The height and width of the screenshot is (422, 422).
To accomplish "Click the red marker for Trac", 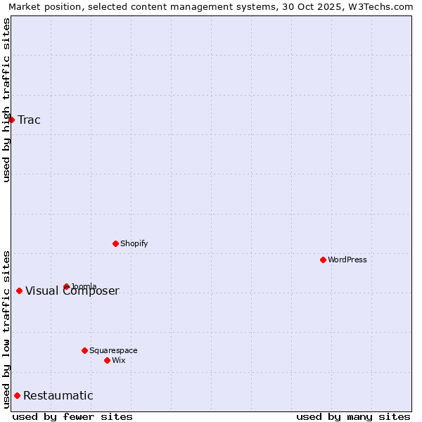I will point(11,120).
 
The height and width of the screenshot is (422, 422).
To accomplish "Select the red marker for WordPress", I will point(323,260).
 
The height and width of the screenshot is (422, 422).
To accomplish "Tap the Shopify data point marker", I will point(115,243).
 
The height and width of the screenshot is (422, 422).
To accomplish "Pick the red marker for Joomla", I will point(66,286).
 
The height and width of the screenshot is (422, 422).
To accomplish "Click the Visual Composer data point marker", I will point(19,290).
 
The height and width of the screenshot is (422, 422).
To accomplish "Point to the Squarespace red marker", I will point(84,350).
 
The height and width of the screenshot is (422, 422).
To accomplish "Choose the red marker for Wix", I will point(107,360).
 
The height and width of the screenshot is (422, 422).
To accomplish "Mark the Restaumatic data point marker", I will point(17,395).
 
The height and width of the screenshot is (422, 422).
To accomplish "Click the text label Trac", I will point(30,120).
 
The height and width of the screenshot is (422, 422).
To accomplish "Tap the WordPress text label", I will point(347,260).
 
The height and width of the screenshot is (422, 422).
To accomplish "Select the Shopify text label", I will point(134,243).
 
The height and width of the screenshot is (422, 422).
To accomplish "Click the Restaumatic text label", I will point(58,395).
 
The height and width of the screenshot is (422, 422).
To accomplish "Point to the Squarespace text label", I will point(113,350).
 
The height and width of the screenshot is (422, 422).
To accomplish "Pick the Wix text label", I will point(119,360).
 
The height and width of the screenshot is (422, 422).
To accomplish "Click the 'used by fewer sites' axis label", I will point(72,416).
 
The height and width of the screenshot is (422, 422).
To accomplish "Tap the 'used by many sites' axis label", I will point(353,416).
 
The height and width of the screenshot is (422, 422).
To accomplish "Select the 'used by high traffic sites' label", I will point(6,100).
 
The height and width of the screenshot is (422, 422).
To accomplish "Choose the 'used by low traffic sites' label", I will point(6,328).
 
